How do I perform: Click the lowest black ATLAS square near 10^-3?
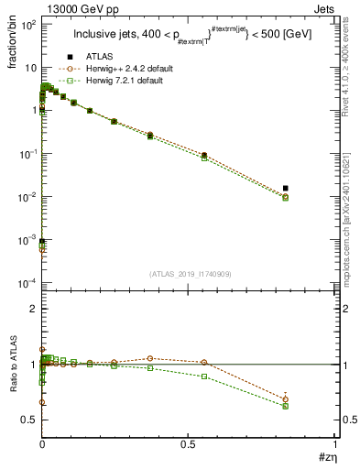42,241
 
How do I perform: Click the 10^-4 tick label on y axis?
27,283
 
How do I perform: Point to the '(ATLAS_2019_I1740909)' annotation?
189,274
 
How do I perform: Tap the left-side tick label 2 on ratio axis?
31,309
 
